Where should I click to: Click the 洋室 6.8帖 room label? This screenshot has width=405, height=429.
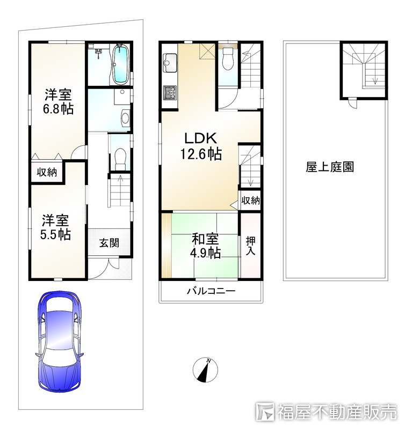[59, 101]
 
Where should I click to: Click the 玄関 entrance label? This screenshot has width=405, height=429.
[109, 243]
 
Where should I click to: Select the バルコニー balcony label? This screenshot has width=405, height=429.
[211, 291]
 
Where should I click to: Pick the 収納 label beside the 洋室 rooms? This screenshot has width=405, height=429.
[47, 172]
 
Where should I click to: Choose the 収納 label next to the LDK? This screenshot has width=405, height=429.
[250, 201]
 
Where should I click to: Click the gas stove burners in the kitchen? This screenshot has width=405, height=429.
[170, 92]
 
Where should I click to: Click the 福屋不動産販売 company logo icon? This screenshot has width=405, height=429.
[265, 411]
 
